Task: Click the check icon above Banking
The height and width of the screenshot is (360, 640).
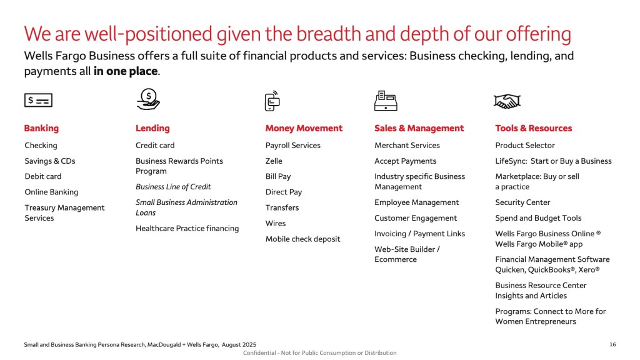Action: tap(38, 100)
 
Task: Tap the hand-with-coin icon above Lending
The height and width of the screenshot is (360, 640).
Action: tap(148, 99)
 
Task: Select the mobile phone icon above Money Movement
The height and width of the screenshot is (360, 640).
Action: tap(272, 101)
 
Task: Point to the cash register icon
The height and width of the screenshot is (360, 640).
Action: tap(386, 101)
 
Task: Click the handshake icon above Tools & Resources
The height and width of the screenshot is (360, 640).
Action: tap(507, 101)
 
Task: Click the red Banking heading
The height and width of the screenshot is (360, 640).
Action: tap(41, 128)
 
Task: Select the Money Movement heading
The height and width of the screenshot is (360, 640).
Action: tap(304, 128)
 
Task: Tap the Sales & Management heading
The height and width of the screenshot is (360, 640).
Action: tap(419, 128)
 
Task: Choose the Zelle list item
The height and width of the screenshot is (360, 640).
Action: tap(274, 161)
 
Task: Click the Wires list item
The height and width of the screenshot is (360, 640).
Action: tap(276, 223)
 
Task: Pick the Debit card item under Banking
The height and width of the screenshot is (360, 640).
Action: tap(43, 176)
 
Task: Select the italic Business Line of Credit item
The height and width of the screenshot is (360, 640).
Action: tap(173, 186)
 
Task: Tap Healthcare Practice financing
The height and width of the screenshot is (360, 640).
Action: tap(187, 228)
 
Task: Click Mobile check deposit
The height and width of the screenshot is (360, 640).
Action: tap(302, 239)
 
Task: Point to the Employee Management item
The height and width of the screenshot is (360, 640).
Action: tap(416, 202)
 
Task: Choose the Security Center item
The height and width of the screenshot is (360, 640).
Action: tap(522, 202)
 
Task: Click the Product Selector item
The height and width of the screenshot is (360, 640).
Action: tap(525, 145)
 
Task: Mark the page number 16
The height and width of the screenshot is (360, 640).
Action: tap(612, 344)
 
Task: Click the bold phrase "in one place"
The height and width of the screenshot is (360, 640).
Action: tap(125, 71)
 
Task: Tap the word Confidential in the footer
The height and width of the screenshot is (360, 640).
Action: tap(259, 352)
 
